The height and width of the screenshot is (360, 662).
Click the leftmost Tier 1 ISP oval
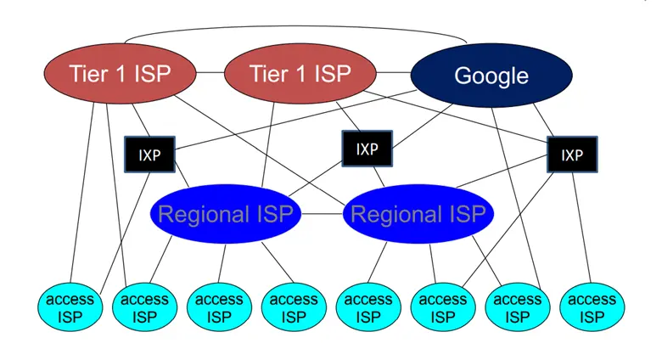(x=109, y=74)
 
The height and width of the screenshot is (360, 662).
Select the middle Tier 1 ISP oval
(x=300, y=74)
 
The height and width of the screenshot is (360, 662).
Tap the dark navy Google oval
(x=491, y=76)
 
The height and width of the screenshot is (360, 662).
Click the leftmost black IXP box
(x=149, y=155)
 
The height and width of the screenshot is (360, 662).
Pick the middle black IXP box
(x=367, y=149)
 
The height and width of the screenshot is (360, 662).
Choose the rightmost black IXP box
(x=571, y=155)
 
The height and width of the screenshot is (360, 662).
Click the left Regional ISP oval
(x=225, y=214)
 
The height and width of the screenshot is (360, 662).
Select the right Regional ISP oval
(x=418, y=214)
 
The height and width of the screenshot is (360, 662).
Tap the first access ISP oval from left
(x=70, y=308)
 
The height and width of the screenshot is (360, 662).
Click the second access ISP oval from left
(x=144, y=308)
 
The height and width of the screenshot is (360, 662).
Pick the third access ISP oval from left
(x=219, y=308)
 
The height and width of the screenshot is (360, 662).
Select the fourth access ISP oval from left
(x=294, y=308)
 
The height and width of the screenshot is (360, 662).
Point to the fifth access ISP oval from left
(x=368, y=308)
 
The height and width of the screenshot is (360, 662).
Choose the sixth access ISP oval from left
(x=443, y=308)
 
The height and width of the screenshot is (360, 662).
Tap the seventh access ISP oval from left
(x=518, y=308)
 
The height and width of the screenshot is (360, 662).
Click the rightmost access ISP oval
(x=592, y=308)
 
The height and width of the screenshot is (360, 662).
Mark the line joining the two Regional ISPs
(x=322, y=214)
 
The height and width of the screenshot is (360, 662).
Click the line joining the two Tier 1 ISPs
(x=210, y=74)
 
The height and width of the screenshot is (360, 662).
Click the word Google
(x=491, y=76)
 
